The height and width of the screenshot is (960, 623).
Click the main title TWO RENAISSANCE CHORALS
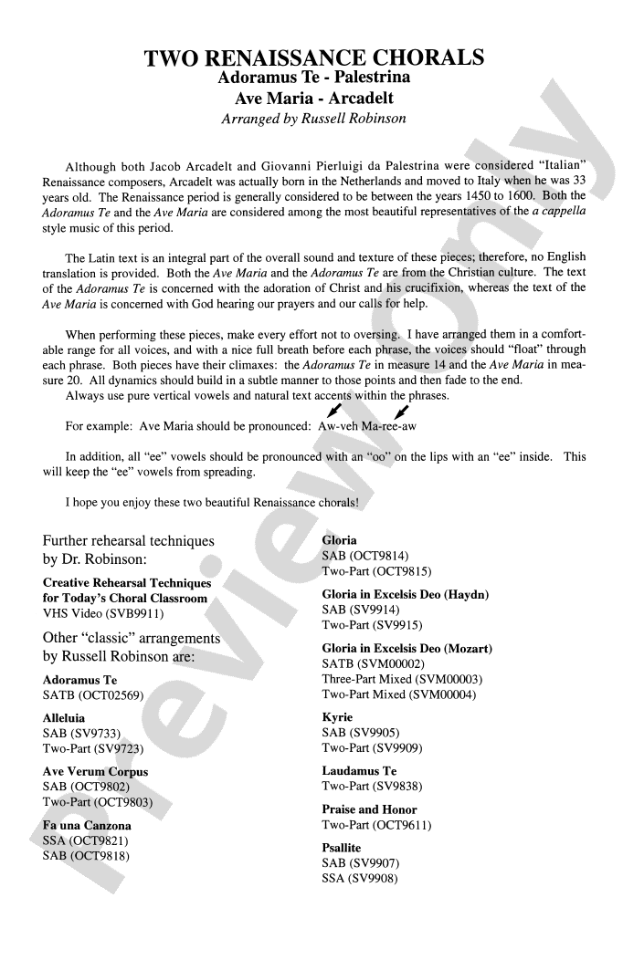point(314,58)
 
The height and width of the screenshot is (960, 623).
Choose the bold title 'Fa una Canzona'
point(87,825)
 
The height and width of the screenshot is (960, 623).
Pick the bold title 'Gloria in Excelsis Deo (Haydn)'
point(405,594)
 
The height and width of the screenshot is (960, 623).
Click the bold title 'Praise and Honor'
point(369,809)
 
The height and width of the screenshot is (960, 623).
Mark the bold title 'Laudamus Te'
point(359,771)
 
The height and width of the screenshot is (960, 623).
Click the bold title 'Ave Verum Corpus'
point(95,771)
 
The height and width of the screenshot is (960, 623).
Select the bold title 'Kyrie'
point(337,717)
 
